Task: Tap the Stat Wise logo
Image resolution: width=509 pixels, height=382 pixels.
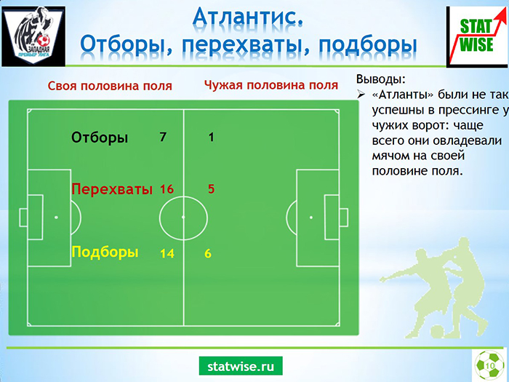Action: (478, 37)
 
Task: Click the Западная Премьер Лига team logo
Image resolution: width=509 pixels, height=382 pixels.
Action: (33, 36)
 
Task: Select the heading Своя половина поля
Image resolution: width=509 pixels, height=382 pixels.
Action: (110, 86)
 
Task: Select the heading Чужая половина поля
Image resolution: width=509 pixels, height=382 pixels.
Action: (271, 85)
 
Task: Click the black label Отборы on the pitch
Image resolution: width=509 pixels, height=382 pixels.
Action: (100, 138)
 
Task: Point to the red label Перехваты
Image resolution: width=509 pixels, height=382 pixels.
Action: (112, 189)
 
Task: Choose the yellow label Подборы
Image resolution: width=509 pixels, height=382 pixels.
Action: (105, 252)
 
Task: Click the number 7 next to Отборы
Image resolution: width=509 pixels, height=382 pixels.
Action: (163, 137)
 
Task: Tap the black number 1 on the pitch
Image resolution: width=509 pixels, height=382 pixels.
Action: (212, 138)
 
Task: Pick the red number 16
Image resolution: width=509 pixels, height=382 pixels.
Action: (167, 189)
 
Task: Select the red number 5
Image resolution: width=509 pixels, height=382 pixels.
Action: (212, 189)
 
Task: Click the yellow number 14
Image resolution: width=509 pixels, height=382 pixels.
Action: (167, 253)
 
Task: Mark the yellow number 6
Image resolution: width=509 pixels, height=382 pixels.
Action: (208, 253)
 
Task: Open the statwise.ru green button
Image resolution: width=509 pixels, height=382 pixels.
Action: (241, 366)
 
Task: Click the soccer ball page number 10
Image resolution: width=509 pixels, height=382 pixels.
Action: (489, 365)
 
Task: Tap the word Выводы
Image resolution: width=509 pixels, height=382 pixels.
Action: (381, 79)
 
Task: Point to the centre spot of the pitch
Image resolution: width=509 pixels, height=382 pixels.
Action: (183, 217)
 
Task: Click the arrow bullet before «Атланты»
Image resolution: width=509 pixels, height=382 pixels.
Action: (361, 95)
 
